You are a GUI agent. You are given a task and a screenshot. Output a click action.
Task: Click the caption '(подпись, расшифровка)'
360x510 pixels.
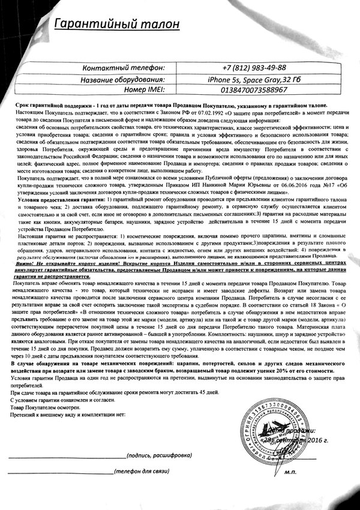pos(155,455)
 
